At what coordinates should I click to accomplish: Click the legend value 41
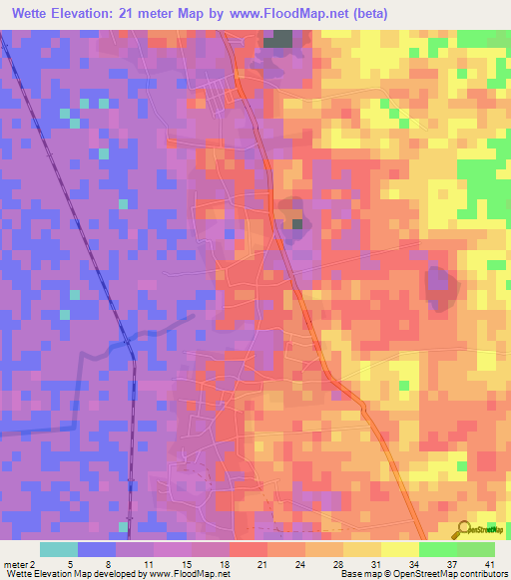click(489, 563)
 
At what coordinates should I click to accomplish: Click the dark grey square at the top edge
click(279, 39)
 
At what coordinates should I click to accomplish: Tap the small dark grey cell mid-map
click(296, 222)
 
